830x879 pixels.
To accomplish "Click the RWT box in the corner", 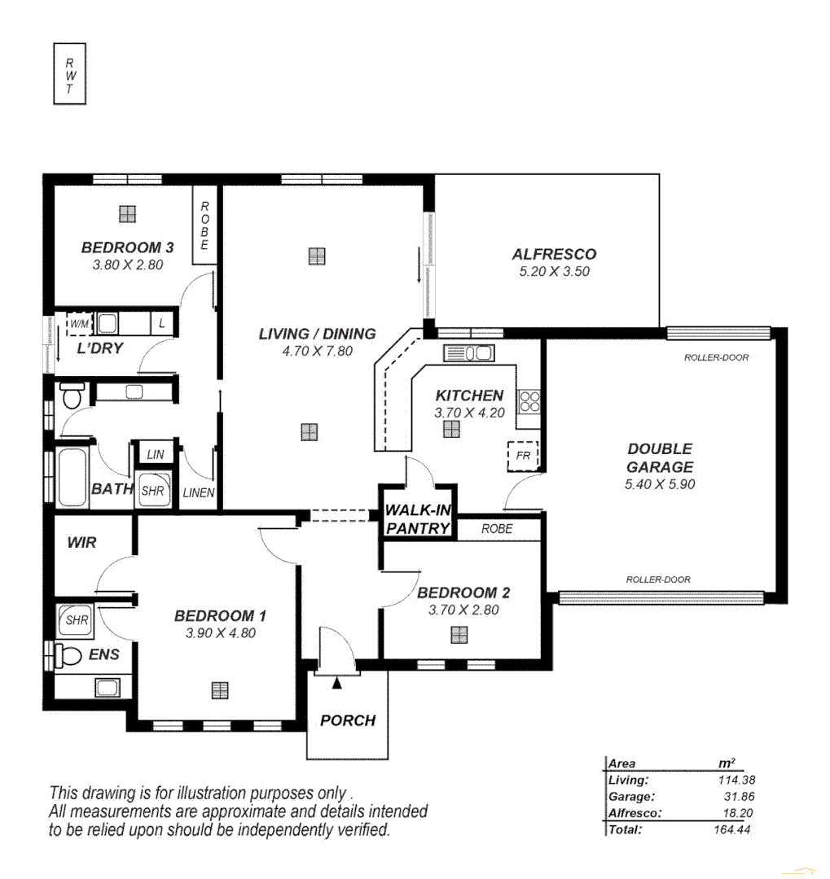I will point(70,74).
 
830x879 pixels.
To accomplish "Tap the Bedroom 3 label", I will point(127,247).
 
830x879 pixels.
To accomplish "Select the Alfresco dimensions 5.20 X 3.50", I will point(554,272).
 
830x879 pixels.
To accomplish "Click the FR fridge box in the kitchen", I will point(523,457).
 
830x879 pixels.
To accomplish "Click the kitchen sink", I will point(468,352).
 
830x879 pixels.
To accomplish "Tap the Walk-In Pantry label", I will point(418,519).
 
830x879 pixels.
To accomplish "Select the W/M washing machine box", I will point(80,324).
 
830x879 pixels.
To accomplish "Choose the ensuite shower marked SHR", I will point(77,620).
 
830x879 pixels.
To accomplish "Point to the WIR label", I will point(81,542).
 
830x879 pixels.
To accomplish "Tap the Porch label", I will point(348,720).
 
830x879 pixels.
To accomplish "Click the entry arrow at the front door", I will point(337,684).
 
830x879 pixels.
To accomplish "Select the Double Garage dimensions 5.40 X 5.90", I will point(660,484).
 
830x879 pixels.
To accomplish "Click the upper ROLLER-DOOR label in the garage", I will point(716,357).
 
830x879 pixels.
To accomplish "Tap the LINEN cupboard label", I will point(199,493).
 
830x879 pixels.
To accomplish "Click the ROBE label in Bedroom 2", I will point(497,528).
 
